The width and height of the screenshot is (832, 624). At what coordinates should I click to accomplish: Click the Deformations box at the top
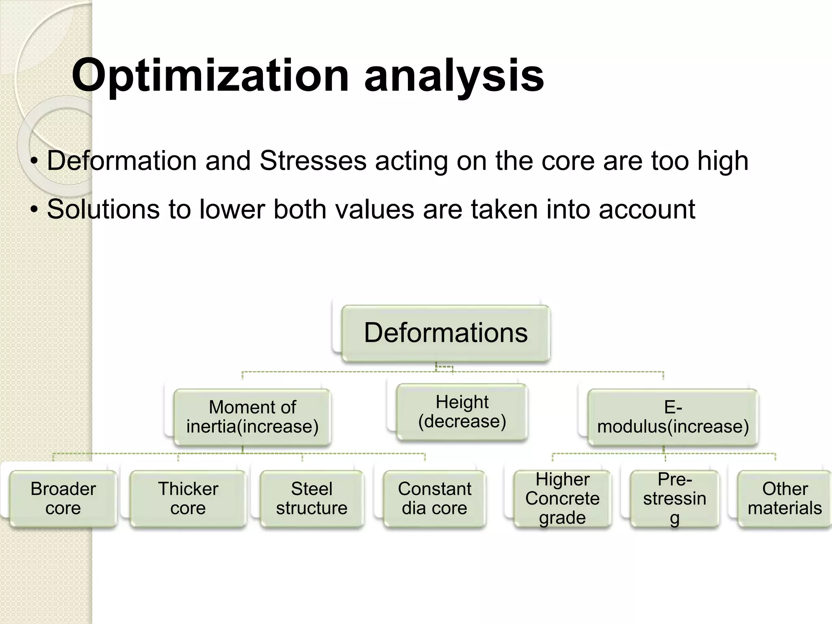click(446, 333)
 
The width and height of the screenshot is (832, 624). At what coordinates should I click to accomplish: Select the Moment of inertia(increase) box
click(252, 417)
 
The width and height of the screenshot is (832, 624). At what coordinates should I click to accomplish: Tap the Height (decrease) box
click(462, 412)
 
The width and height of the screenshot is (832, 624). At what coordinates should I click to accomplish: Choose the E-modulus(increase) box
click(673, 417)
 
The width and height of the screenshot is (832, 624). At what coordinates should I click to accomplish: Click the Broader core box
click(63, 498)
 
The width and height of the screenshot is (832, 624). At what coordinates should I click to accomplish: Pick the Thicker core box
click(188, 498)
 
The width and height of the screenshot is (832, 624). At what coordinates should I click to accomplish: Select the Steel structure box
click(312, 498)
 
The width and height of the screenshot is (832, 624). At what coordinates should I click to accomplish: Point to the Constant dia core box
click(434, 498)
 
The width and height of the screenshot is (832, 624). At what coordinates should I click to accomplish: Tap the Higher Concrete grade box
click(562, 498)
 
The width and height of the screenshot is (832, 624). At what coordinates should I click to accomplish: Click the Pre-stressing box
click(674, 498)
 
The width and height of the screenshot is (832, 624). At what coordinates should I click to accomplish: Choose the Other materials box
click(784, 498)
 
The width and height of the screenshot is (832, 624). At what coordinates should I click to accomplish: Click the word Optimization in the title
click(210, 76)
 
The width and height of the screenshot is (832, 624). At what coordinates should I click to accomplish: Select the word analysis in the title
click(454, 76)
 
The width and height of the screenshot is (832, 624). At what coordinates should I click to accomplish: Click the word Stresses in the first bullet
click(313, 160)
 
